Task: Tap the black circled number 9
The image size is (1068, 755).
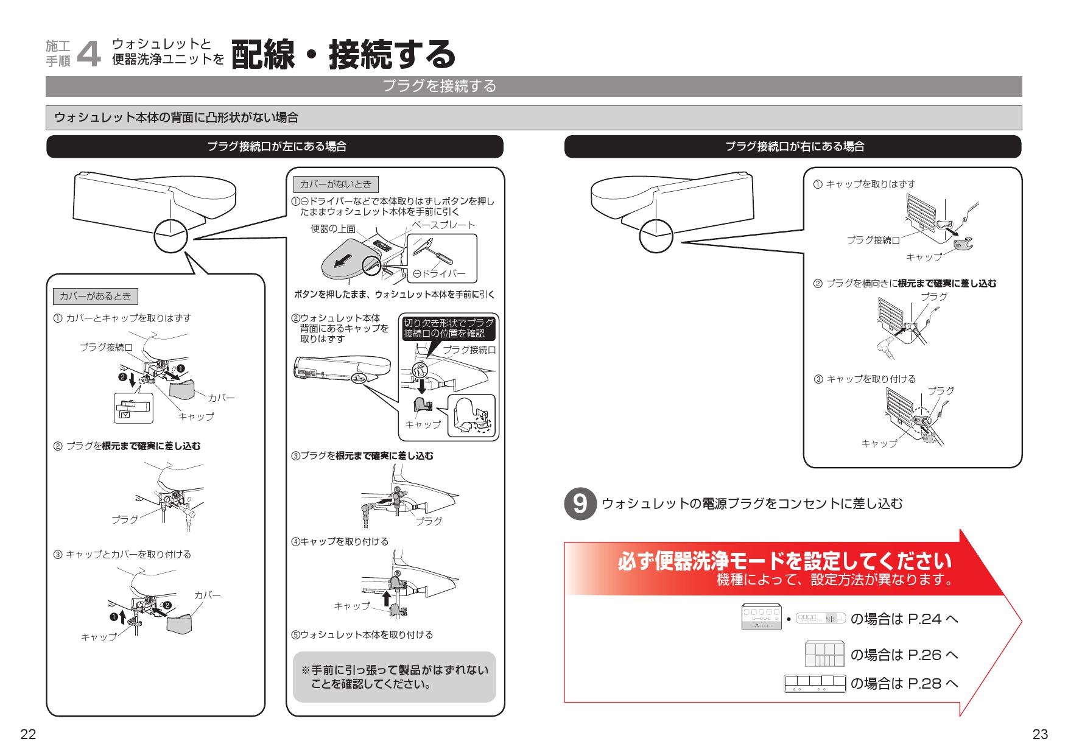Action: click(581, 504)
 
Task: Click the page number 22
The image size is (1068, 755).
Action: click(28, 734)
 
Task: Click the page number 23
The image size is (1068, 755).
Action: click(1040, 734)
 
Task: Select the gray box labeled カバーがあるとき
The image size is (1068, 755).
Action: click(96, 297)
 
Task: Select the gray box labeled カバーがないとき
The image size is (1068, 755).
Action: click(336, 184)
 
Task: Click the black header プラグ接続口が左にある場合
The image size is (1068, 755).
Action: click(275, 147)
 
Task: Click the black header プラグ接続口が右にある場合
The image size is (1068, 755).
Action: click(793, 147)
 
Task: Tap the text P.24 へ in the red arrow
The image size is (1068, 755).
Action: click(932, 619)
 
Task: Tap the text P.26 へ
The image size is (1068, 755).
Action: click(932, 655)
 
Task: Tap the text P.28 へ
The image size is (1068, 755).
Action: click(932, 684)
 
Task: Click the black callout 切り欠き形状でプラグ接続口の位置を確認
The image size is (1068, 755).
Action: click(448, 328)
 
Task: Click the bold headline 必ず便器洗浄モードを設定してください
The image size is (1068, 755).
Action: click(784, 561)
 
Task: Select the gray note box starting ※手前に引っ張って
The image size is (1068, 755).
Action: click(394, 677)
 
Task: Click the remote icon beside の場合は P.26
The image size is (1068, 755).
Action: click(824, 654)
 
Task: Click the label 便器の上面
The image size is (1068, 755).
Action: click(332, 230)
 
